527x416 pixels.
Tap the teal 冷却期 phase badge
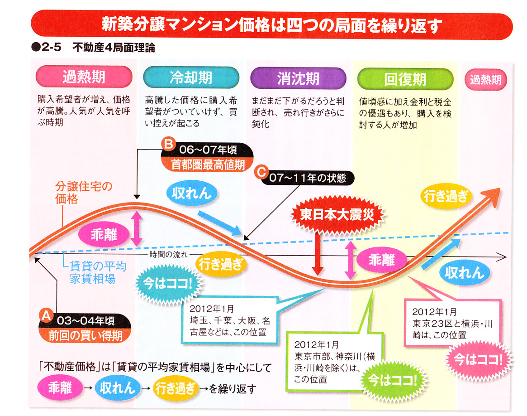pos(190,78)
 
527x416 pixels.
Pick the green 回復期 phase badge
pos(405,79)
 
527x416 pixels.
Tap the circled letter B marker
pos(168,144)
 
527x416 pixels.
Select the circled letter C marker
pos(260,172)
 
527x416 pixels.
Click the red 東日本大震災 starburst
pos(337,215)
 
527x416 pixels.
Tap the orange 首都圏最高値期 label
pos(208,164)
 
